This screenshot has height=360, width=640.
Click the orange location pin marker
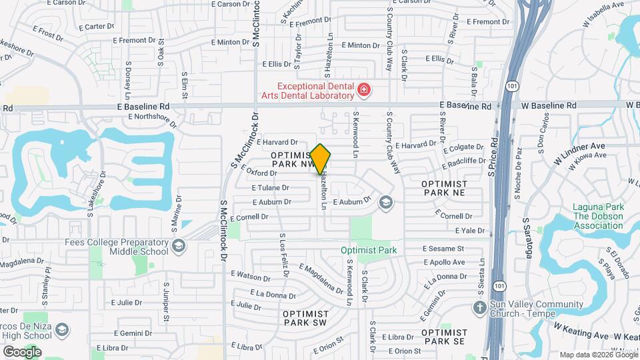321,159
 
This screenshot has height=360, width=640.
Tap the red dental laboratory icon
364,89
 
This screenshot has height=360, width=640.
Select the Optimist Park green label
369,251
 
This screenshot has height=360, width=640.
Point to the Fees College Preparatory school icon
179,247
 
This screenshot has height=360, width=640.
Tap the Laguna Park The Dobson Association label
599,216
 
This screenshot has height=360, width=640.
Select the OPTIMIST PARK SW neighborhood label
306,318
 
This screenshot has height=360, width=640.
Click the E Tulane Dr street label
270,187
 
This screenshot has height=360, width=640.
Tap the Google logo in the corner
22,351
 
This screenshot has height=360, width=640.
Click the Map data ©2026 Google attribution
598,355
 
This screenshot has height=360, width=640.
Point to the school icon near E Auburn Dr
385,202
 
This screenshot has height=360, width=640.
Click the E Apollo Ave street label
444,263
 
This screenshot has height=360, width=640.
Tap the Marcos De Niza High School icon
62,330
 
